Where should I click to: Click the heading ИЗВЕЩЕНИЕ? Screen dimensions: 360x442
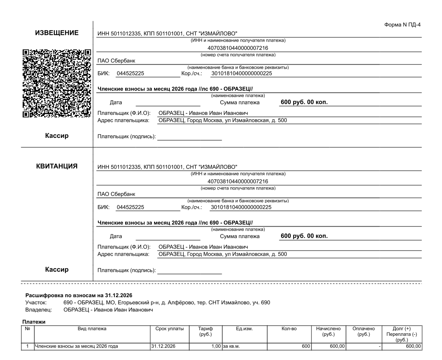[57, 33]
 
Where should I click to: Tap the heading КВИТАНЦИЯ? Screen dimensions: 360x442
[57, 166]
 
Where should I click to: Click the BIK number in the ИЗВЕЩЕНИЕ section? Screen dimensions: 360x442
[130, 74]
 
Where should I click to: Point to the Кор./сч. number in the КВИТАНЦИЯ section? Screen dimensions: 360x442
[241, 207]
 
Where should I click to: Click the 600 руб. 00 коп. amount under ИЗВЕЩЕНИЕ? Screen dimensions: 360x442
[304, 102]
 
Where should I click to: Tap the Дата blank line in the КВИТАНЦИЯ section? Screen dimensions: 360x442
[168, 236]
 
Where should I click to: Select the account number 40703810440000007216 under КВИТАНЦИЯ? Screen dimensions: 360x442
[238, 182]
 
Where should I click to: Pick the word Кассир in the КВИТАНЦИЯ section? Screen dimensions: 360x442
[57, 270]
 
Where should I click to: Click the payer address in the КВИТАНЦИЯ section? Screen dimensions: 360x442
[222, 254]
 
